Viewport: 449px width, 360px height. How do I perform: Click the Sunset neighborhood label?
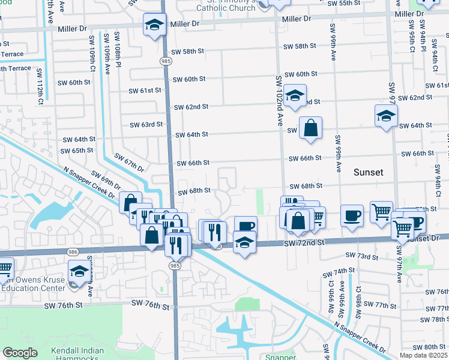click(368, 172)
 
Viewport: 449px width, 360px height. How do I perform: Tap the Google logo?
click(20, 353)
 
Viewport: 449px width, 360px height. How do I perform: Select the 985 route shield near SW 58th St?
click(164, 61)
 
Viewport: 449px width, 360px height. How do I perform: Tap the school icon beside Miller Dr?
click(155, 26)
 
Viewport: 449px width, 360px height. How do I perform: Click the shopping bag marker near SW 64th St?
click(310, 128)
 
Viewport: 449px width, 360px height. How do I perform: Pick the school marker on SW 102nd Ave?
click(294, 95)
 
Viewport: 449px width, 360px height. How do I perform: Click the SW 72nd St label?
click(303, 242)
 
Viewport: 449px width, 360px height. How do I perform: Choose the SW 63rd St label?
click(146, 125)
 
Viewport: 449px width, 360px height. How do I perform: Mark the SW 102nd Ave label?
click(279, 100)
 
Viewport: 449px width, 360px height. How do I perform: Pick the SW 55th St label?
click(348, 4)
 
